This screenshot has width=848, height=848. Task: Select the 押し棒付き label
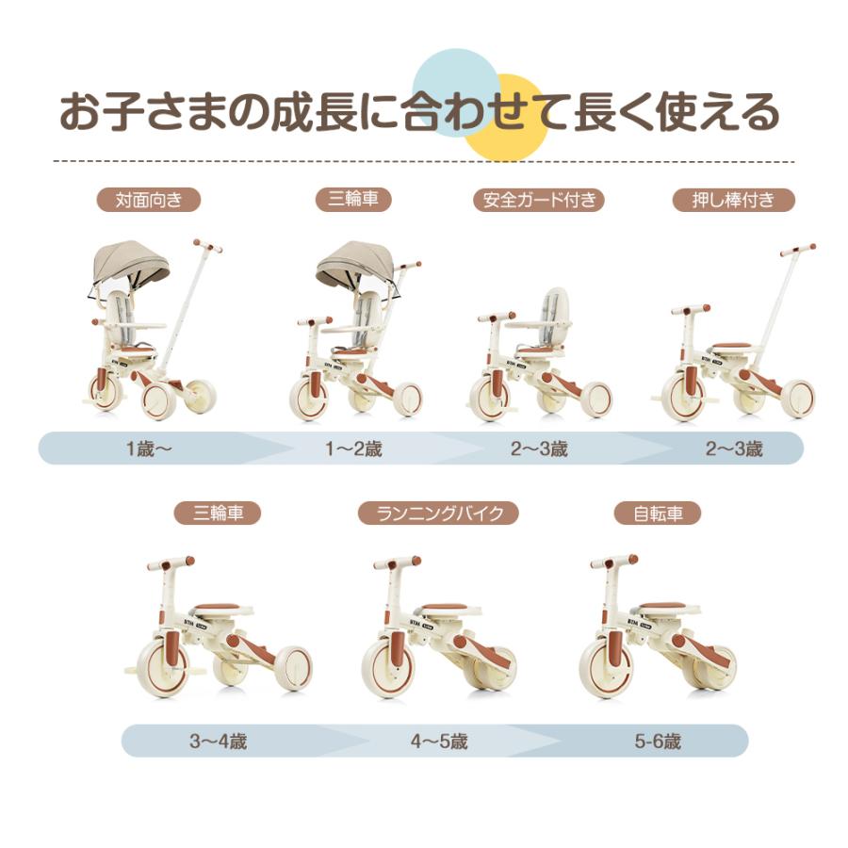pyautogui.click(x=734, y=200)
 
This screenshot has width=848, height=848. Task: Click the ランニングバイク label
pyautogui.click(x=438, y=514)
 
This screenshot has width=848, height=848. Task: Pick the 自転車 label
pyautogui.click(x=657, y=514)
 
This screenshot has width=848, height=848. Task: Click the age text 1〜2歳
pyautogui.click(x=353, y=448)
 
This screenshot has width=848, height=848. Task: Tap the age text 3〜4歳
pyautogui.click(x=218, y=741)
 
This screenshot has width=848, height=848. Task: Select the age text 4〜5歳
pyautogui.click(x=439, y=741)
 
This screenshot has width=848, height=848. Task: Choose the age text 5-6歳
pyautogui.click(x=657, y=741)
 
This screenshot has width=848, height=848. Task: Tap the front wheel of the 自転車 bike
pyautogui.click(x=606, y=667)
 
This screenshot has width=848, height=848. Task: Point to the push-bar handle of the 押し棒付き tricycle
pyautogui.click(x=797, y=250)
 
